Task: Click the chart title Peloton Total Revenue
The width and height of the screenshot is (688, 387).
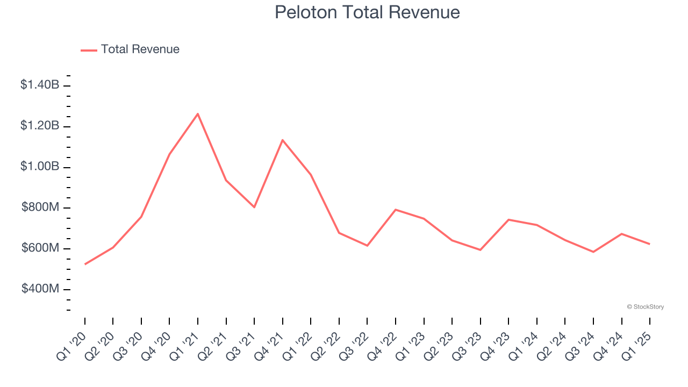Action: (367, 12)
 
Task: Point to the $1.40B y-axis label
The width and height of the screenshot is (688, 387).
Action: (40, 84)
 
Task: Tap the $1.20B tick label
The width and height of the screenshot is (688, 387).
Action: (40, 125)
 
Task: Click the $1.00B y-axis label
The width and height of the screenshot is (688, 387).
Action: (40, 166)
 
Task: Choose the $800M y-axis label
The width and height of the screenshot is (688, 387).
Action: (41, 207)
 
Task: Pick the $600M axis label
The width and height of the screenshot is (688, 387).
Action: (41, 248)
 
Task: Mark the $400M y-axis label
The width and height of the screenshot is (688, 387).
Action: (41, 289)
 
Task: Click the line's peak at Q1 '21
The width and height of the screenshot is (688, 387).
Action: (198, 114)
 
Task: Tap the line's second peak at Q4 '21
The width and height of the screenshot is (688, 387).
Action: (283, 140)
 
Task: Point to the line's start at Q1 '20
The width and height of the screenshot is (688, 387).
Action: (85, 264)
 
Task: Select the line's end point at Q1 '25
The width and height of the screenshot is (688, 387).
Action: (649, 244)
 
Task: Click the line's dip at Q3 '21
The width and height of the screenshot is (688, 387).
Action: (254, 207)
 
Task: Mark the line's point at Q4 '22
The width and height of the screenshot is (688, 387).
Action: (396, 210)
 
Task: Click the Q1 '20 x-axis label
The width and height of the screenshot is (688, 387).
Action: (72, 345)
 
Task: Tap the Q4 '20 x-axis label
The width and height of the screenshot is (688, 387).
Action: (156, 345)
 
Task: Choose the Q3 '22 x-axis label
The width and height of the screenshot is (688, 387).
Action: (354, 345)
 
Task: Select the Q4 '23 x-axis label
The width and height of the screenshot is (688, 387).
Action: (495, 345)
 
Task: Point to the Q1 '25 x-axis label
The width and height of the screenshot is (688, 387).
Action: (636, 345)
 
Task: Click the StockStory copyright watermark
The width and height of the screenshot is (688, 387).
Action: (645, 307)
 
